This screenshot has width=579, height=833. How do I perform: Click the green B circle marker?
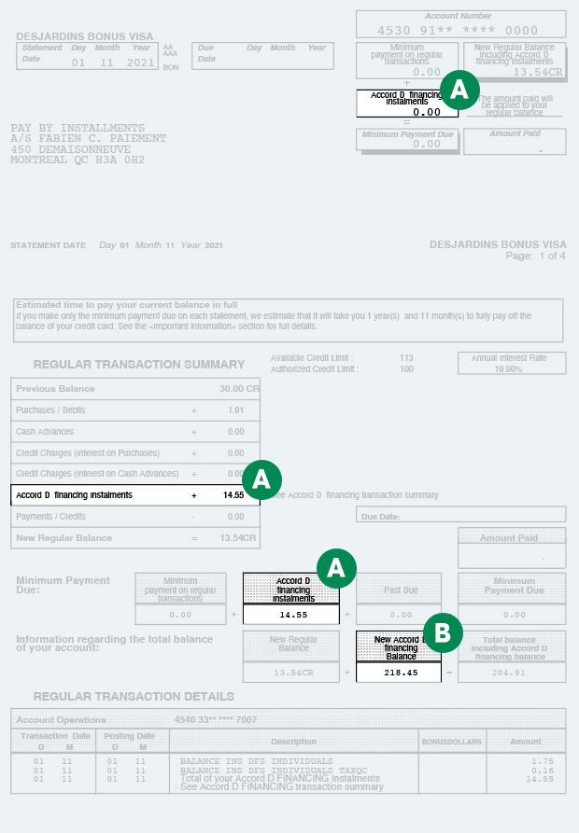[x=444, y=633]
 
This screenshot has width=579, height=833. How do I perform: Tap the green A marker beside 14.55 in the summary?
[x=262, y=479]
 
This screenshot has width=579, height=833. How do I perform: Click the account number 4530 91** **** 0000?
[x=458, y=31]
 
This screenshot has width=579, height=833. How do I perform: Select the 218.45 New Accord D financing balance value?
[x=398, y=672]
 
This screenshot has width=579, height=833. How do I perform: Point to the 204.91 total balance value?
[x=510, y=672]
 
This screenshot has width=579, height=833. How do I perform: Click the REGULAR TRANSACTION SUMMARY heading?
[x=139, y=365]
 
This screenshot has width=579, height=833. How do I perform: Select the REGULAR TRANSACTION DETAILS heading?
[x=134, y=697]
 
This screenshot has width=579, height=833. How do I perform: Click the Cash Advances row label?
[x=45, y=432]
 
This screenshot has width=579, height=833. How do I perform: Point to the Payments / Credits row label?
[x=50, y=516]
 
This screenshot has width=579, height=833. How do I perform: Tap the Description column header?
[x=293, y=742]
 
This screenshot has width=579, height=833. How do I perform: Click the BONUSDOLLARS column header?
[x=452, y=742]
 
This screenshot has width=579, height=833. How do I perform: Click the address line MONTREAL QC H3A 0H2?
[x=78, y=160]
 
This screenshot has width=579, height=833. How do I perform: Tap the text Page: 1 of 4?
[x=535, y=256]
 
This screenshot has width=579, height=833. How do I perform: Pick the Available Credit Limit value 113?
[x=405, y=358]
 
